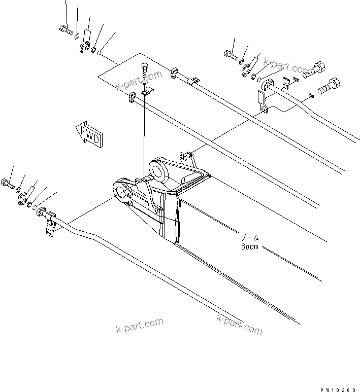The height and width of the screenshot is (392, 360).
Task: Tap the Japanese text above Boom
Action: click(250, 237)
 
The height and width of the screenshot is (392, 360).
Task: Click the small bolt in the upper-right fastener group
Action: click(231, 55)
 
